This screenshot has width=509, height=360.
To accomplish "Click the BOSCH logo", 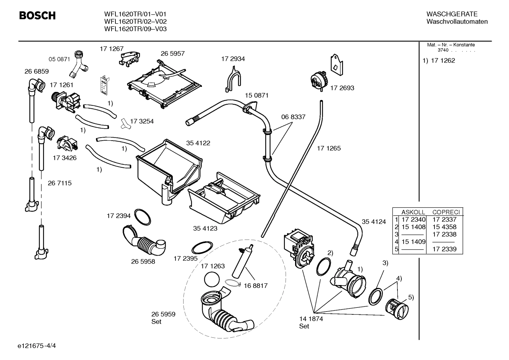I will [x=37, y=16].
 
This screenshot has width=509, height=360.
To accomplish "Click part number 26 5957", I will [x=173, y=54].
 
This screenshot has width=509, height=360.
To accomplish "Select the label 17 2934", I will [x=233, y=59].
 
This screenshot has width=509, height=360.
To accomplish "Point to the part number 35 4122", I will [x=198, y=143].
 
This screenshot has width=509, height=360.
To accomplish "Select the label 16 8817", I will [x=256, y=285].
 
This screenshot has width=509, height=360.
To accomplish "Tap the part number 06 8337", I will [x=293, y=117].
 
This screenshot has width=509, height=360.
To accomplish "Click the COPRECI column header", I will [x=446, y=212].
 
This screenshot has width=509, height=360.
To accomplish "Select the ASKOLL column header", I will [x=413, y=212].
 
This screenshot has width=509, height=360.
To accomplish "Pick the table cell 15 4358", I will [x=444, y=227].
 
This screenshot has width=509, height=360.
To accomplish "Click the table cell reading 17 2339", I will [x=444, y=249].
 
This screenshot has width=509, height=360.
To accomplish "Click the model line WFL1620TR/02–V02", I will [x=135, y=22].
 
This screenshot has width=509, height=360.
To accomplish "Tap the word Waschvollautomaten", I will [x=457, y=22].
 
